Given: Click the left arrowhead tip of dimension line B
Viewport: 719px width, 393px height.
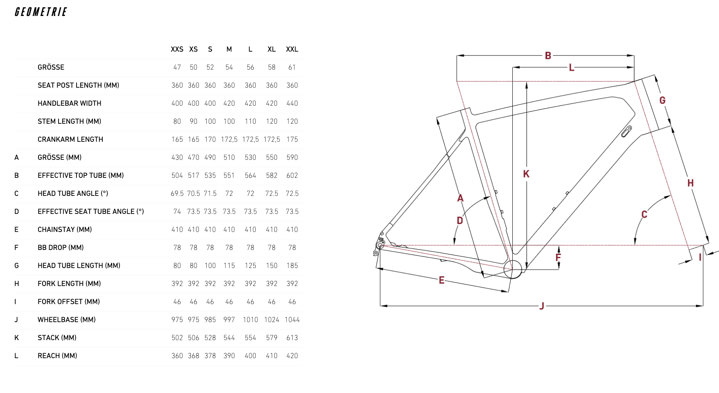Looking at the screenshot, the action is pyautogui.click(x=457, y=55).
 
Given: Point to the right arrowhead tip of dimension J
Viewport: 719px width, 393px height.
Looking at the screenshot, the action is pyautogui.click(x=703, y=306).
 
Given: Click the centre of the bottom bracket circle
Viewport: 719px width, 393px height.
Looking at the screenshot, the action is pyautogui.click(x=512, y=269).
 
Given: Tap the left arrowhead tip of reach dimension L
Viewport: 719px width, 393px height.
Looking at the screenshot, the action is pyautogui.click(x=513, y=67).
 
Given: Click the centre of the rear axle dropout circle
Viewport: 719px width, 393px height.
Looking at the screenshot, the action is pyautogui.click(x=380, y=245).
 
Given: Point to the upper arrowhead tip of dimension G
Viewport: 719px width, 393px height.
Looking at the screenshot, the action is pyautogui.click(x=655, y=75).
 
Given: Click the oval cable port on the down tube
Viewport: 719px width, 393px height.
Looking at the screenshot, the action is pyautogui.click(x=627, y=132).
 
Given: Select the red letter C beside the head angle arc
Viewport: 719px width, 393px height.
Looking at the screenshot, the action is pyautogui.click(x=644, y=214).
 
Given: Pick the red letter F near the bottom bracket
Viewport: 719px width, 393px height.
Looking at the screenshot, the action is pyautogui.click(x=558, y=257).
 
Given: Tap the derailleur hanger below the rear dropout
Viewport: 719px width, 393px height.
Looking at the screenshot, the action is pyautogui.click(x=376, y=253).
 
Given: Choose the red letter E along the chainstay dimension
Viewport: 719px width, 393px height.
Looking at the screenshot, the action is pyautogui.click(x=442, y=280).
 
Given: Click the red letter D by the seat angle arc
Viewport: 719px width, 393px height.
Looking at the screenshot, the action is pyautogui.click(x=460, y=221).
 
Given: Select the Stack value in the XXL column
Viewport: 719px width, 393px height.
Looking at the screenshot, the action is pyautogui.click(x=292, y=338).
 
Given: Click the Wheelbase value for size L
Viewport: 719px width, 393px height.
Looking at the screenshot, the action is pyautogui.click(x=250, y=320).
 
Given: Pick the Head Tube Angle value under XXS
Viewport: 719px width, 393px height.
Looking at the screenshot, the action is pyautogui.click(x=177, y=193).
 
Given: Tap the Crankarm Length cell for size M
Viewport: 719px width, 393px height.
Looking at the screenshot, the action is pyautogui.click(x=229, y=139).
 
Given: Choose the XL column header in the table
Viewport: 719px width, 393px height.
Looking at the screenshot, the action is pyautogui.click(x=272, y=49).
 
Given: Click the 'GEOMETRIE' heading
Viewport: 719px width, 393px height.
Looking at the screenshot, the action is pyautogui.click(x=41, y=12).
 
